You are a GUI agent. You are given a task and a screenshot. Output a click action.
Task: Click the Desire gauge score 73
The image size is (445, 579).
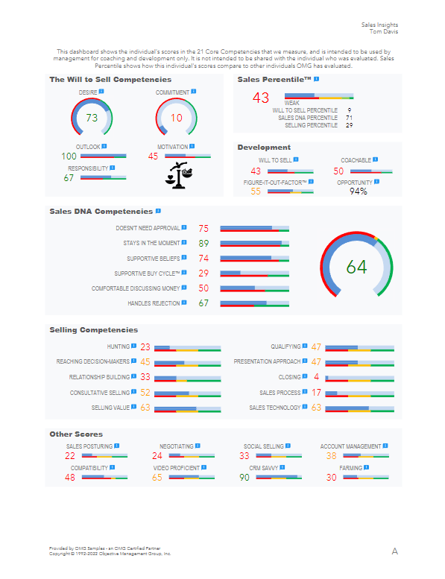(92, 118)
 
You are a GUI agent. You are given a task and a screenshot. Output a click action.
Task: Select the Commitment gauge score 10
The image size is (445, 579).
(176, 118)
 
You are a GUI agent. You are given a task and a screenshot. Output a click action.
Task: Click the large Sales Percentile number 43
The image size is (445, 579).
(261, 98)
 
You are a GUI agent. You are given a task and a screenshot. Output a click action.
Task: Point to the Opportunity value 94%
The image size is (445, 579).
(359, 192)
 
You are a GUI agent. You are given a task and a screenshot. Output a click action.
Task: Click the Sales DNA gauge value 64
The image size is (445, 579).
(357, 267)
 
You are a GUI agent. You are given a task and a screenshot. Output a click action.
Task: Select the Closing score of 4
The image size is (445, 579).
(317, 377)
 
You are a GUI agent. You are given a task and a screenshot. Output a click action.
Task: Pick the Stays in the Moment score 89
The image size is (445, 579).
(203, 244)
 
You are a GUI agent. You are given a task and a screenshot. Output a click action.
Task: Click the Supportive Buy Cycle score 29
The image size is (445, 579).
(203, 273)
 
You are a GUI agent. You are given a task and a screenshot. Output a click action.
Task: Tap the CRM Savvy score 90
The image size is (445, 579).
(244, 478)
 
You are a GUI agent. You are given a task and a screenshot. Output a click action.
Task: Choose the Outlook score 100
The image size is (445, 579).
(69, 156)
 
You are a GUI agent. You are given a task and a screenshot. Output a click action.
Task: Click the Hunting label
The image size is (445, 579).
(118, 347)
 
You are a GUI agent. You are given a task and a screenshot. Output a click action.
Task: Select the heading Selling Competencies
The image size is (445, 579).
(93, 330)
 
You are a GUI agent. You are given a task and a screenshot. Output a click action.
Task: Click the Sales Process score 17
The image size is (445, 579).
(317, 393)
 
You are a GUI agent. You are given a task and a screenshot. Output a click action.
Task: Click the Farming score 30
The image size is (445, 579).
(331, 478)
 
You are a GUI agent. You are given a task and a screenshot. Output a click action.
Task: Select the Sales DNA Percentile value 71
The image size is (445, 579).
(349, 118)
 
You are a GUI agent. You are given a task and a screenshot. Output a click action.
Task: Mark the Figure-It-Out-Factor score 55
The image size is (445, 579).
(256, 192)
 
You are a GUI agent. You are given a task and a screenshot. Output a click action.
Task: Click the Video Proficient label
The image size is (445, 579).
(177, 468)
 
